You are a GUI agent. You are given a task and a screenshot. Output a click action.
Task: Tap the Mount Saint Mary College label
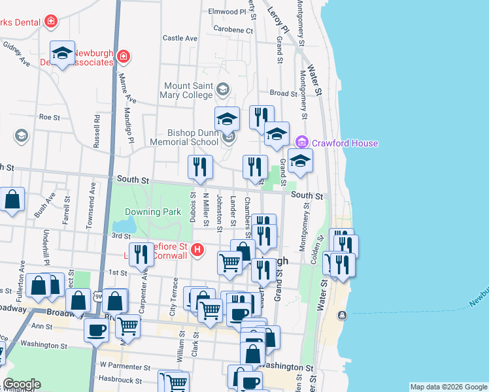pyautogui.click(x=188, y=90)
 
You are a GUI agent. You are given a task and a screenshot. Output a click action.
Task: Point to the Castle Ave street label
pyautogui.click(x=180, y=39)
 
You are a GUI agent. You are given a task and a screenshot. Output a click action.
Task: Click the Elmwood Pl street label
pyautogui.click(x=223, y=12)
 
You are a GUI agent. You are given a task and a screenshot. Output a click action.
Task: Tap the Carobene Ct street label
pyautogui.click(x=233, y=30)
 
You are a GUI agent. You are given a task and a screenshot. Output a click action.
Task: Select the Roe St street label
pyautogui.click(x=50, y=118)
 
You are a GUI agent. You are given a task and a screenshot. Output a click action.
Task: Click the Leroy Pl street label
pyautogui.click(x=278, y=21)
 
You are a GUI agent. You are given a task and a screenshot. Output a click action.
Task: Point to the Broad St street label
pyautogui.click(x=284, y=93)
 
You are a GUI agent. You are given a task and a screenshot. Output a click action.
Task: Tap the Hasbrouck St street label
pyautogui.click(x=120, y=380)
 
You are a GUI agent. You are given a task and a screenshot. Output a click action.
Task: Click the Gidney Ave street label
pyautogui.click(x=16, y=54)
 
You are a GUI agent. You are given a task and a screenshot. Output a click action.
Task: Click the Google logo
pyautogui.click(x=22, y=384)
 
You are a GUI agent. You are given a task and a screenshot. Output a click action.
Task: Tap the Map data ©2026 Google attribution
pyautogui.click(x=448, y=387)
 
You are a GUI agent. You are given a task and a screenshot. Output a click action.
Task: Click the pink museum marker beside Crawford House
pyautogui.click(x=301, y=142)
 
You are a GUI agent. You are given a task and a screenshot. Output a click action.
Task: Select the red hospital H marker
pyautogui.click(x=197, y=250)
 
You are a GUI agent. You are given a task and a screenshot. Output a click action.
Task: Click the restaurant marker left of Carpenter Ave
pyautogui.click(x=142, y=254)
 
